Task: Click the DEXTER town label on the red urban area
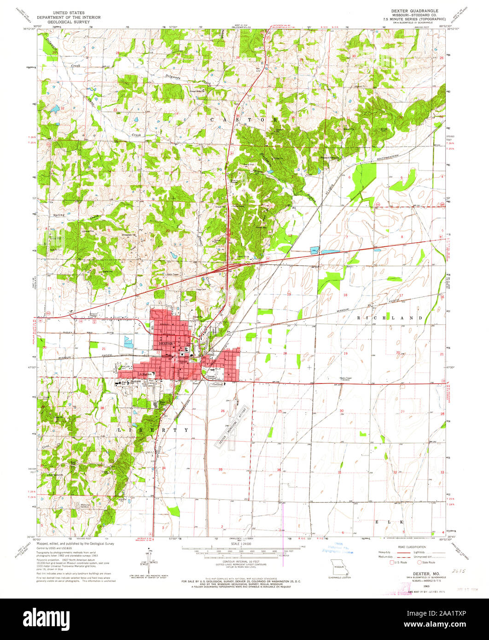tap(164, 343)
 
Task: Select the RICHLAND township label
tap(390, 318)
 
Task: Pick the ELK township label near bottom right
tap(390, 522)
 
